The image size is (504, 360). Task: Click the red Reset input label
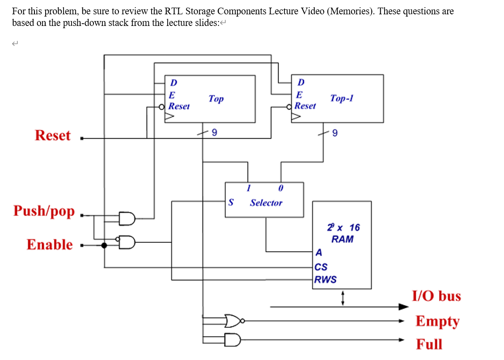52,136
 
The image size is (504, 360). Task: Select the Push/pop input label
44,211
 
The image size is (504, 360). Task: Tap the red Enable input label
49,245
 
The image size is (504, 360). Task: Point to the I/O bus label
436,296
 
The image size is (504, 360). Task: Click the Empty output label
437,321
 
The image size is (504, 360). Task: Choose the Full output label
429,344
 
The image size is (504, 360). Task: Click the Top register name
216,99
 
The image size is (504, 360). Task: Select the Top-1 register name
342,98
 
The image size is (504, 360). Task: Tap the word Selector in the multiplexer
266,203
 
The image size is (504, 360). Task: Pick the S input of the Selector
231,202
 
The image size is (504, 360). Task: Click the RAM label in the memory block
342,239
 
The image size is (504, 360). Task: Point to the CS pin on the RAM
321,267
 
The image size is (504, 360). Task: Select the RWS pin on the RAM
325,280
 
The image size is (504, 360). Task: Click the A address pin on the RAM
318,253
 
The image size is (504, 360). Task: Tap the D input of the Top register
174,83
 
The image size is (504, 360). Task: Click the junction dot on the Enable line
104,245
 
